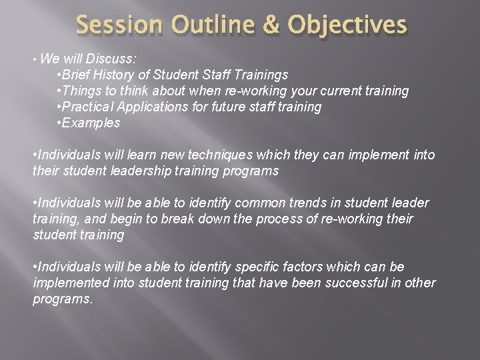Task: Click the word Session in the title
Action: pyautogui.click(x=118, y=26)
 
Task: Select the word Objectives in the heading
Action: pyautogui.click(x=347, y=26)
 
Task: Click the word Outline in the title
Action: pyautogui.click(x=213, y=26)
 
